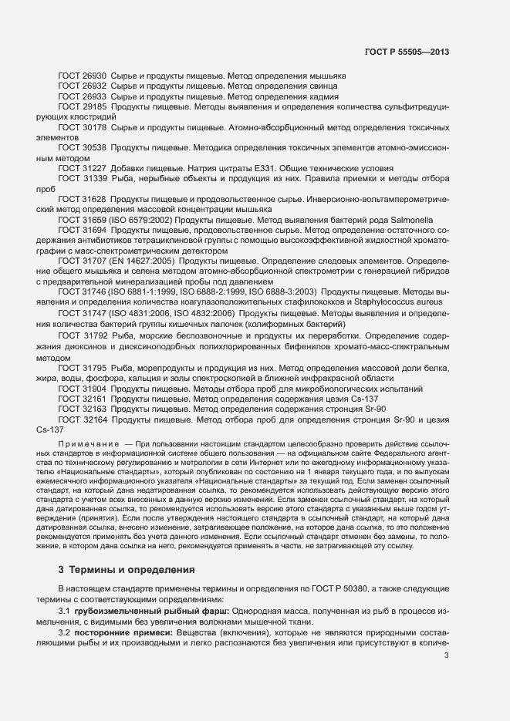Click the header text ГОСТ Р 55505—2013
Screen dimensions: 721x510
[406, 51]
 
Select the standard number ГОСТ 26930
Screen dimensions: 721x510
[83, 76]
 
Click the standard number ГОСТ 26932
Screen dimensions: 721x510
[83, 86]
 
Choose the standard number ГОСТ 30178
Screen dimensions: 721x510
[83, 126]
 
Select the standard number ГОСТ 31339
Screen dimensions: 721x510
[83, 178]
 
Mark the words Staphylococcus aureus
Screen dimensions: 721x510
[374, 303]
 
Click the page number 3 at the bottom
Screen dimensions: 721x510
[446, 655]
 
